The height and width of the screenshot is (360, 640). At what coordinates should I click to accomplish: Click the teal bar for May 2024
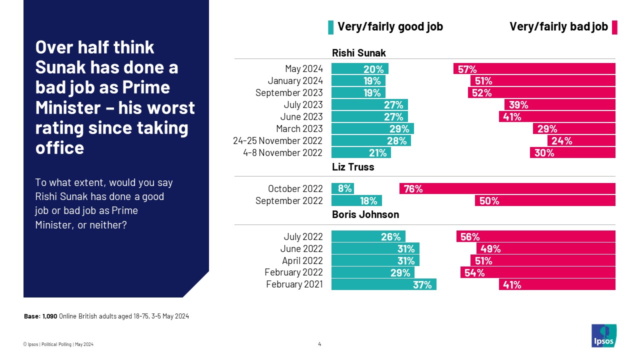[x=360, y=69]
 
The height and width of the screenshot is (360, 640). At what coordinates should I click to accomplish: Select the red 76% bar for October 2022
[x=507, y=189]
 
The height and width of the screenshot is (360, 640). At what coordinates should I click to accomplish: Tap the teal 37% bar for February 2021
[x=383, y=285]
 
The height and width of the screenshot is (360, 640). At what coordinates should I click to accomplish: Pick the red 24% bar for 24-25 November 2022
[x=581, y=141]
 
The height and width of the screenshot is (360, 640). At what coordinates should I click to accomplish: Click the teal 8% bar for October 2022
[x=342, y=189]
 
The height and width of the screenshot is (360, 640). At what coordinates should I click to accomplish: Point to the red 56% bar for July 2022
[x=535, y=237]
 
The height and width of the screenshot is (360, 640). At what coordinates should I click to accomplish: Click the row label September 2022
[x=289, y=201]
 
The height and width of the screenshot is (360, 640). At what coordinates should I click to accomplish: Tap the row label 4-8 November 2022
[x=283, y=153]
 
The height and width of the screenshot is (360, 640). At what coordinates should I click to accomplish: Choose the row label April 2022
[x=302, y=261]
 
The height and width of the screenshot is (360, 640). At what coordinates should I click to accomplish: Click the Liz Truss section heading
[x=353, y=167]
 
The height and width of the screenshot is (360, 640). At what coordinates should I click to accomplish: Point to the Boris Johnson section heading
[x=365, y=214]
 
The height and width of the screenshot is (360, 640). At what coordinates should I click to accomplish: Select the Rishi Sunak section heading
[x=359, y=53]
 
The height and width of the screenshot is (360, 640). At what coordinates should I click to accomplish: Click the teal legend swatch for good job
[x=330, y=27]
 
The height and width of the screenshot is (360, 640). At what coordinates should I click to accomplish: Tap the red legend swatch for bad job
[x=614, y=27]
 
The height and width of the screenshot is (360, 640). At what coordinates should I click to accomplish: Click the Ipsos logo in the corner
[x=603, y=335]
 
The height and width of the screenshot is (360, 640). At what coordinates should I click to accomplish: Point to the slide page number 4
[x=319, y=344]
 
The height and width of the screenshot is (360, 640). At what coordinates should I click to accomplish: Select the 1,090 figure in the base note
[x=50, y=316]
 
